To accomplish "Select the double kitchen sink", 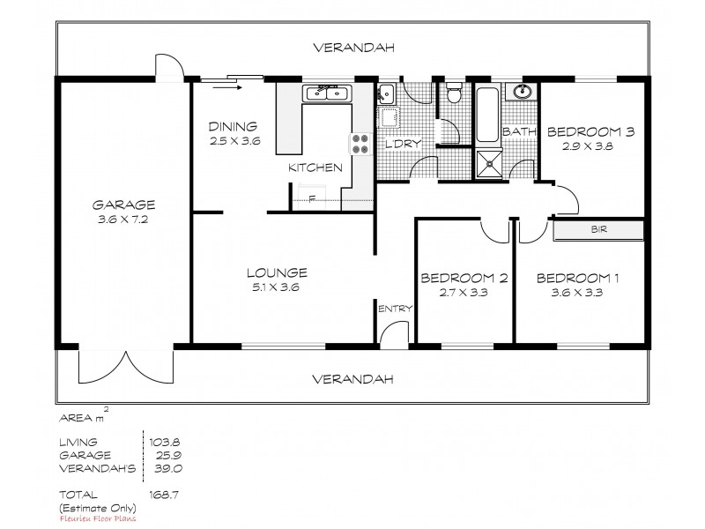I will (x=327, y=93).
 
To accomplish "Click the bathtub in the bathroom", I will (x=486, y=115).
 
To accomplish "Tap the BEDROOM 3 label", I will (x=590, y=132).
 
